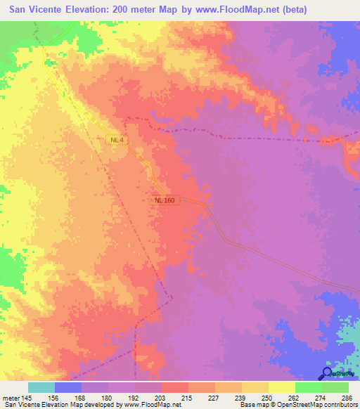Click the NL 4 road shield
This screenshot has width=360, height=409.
point(117,141)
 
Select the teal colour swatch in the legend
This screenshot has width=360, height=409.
point(41,387)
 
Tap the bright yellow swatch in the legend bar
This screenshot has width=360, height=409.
point(282,387)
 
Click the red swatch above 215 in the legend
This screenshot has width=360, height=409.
point(175,387)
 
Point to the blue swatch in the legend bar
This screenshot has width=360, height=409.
point(68,387)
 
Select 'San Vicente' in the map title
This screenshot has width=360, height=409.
point(36,11)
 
